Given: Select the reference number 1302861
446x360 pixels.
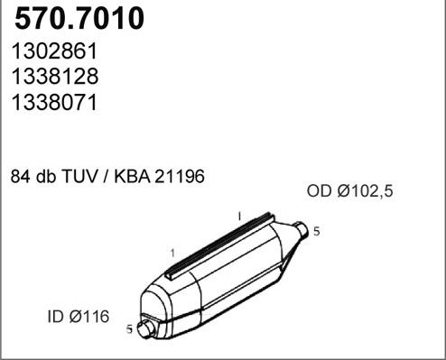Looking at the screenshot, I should tap(53, 53).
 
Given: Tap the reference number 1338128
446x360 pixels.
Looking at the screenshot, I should tap(53, 78).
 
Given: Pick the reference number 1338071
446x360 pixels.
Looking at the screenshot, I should tap(53, 102).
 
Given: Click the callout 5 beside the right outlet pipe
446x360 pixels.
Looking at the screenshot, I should tap(316, 232).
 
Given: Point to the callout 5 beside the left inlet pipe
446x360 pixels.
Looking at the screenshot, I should tap(129, 329).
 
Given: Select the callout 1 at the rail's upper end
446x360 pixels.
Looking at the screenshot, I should tap(238, 217).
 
